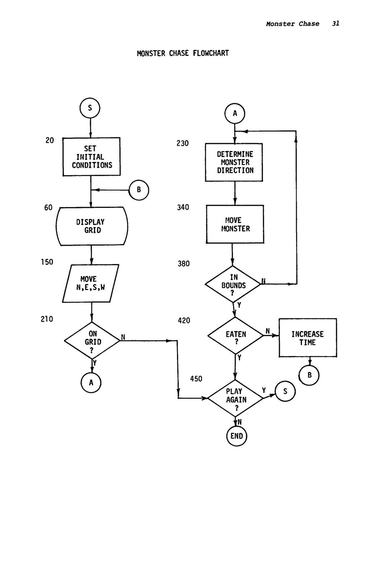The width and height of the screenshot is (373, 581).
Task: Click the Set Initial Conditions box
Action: coord(91,157)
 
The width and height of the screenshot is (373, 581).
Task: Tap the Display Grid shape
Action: coord(91,226)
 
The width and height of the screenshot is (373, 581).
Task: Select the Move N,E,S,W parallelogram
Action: coord(91,283)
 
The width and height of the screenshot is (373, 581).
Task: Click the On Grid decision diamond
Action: coord(92,341)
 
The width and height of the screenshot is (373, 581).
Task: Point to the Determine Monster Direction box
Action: coord(235,162)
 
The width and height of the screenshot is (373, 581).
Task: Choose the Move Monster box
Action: coord(235,225)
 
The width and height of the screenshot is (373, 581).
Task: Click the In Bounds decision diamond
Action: coord(233,284)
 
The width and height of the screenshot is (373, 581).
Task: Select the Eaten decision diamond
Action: coord(236,336)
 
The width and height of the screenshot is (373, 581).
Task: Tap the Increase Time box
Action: coord(307,338)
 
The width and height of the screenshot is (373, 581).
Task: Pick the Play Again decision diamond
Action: coord(236,398)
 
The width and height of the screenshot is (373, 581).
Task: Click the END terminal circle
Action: coord(236,436)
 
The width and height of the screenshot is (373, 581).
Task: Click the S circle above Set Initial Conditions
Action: coord(90,108)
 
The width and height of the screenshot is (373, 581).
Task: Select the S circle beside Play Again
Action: coord(285,391)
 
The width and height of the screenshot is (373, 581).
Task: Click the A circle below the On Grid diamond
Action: coord(91,382)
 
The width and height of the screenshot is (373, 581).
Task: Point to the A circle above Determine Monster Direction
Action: coord(235,113)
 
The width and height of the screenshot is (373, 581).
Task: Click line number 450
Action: coord(196,378)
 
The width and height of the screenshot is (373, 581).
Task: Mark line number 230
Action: coord(182,144)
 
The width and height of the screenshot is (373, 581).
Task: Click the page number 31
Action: coord(336,24)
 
